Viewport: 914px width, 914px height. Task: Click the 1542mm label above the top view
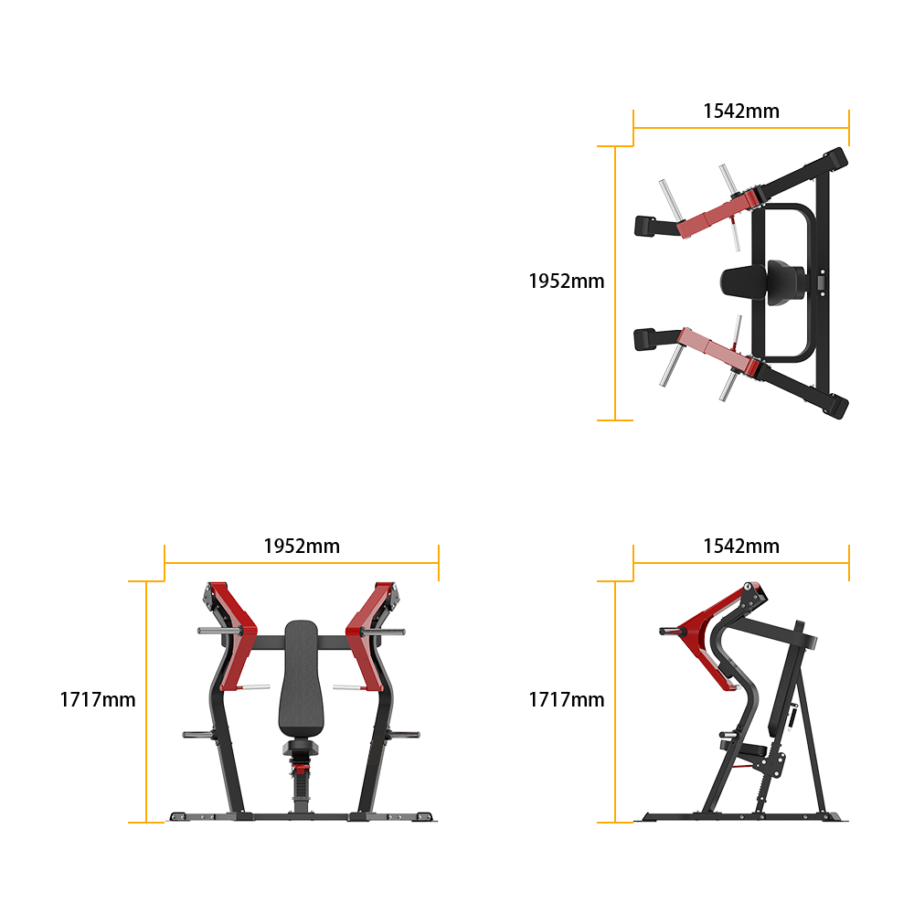pos(741,111)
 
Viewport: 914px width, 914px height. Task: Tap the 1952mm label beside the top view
pos(566,281)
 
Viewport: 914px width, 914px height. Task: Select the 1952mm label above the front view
pos(302,547)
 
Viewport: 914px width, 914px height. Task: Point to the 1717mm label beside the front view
pos(98,699)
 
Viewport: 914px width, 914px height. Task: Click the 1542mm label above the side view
pos(741,547)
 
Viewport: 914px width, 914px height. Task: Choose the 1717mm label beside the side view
pos(566,699)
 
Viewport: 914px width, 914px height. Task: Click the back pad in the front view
pos(302,679)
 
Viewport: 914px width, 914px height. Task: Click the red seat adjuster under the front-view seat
pos(301,769)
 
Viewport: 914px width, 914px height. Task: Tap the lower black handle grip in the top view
pos(645,340)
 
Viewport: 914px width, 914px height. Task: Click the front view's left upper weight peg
pos(219,631)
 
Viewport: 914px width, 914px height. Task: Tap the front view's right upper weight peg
pos(384,632)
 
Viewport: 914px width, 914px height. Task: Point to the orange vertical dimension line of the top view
pos(615,283)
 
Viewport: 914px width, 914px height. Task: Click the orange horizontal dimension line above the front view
pos(302,563)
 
